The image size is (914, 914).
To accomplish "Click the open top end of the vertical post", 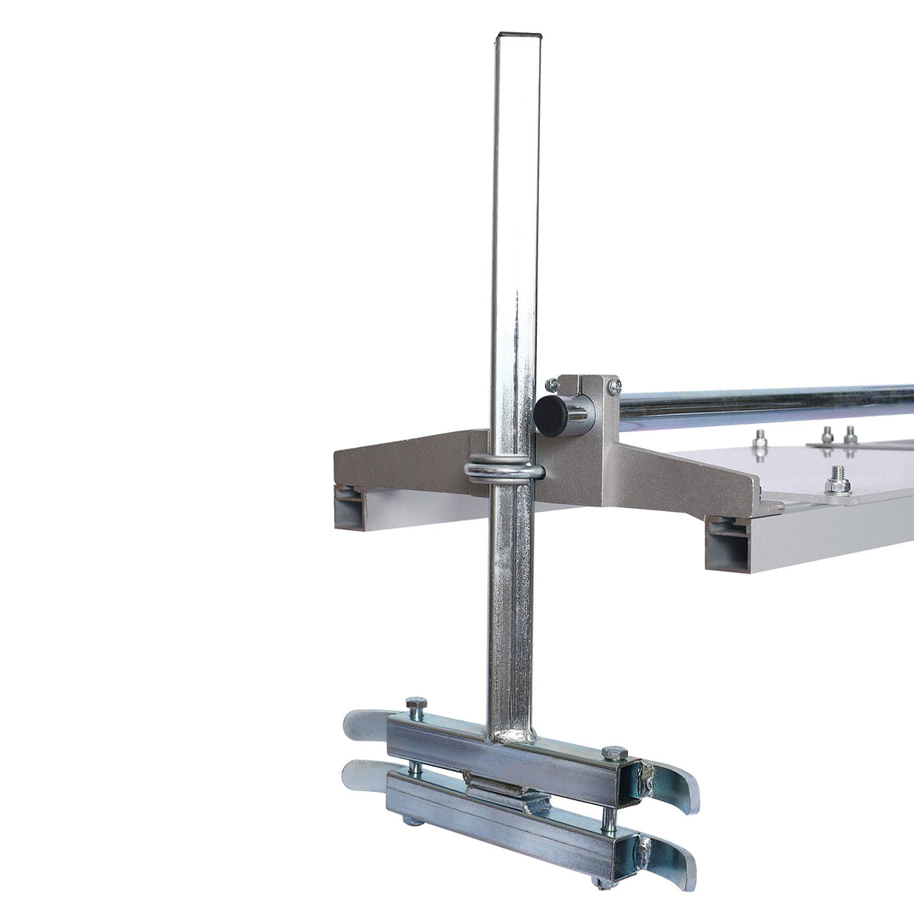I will click(519, 35).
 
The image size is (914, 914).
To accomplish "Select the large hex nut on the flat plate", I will click(838, 476).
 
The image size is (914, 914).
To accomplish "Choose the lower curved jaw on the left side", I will click(361, 773).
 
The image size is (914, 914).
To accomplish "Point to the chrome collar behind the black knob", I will click(580, 412).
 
